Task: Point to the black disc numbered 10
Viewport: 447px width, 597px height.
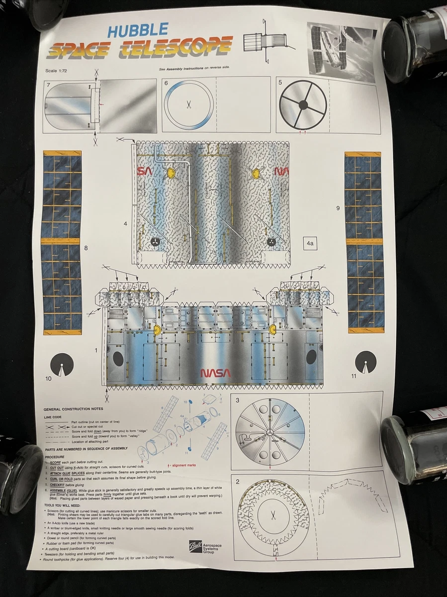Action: tap(62, 365)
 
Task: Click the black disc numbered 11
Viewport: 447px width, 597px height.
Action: tap(365, 362)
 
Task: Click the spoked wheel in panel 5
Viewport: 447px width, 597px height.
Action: tap(303, 105)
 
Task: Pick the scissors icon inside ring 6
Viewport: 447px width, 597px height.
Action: tap(189, 104)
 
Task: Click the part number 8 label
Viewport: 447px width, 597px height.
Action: tap(86, 247)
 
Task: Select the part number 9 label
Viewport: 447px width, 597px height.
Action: tap(338, 208)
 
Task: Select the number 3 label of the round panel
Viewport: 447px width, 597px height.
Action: tap(238, 400)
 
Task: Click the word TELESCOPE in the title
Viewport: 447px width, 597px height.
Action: tap(178, 48)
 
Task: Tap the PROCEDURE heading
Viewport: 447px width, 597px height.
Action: tap(55, 456)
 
